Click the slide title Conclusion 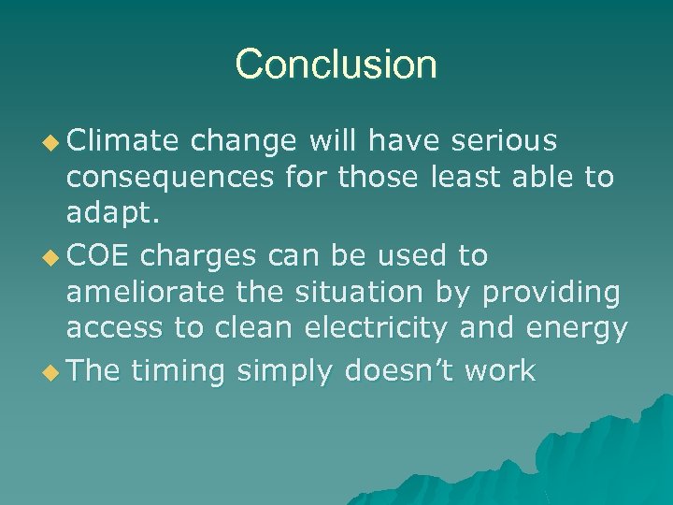pos(336,65)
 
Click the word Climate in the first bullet pos(122,140)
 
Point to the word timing pos(179,371)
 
